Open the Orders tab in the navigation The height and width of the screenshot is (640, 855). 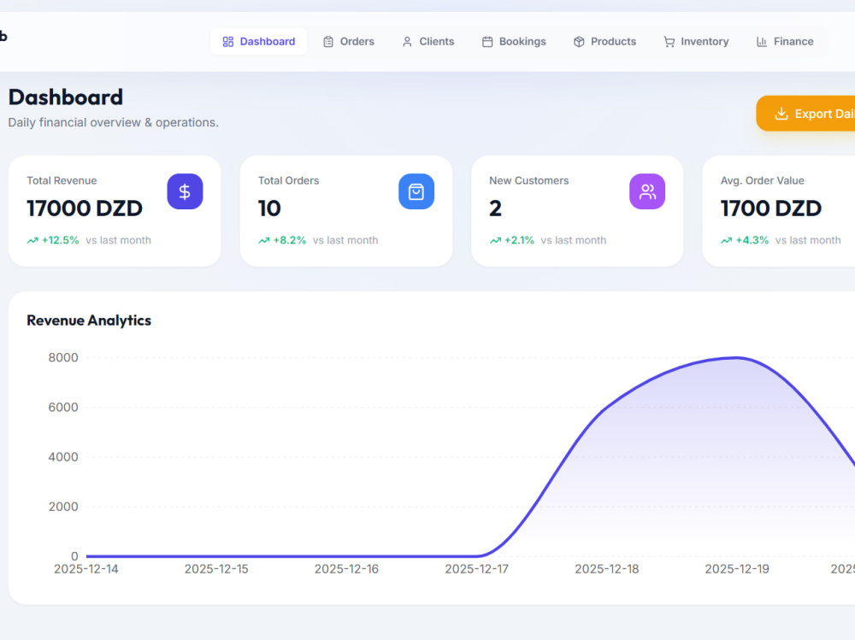(x=349, y=41)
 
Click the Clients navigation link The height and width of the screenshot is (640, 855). (x=428, y=41)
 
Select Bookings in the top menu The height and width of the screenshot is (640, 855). (x=514, y=41)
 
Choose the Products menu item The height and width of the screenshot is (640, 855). (x=604, y=41)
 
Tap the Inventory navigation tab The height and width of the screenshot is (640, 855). (x=696, y=41)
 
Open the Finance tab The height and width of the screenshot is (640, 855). (x=785, y=41)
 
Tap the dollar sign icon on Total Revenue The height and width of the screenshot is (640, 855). (x=185, y=191)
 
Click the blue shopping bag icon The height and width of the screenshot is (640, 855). (x=416, y=191)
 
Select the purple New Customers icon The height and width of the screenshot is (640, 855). (x=647, y=191)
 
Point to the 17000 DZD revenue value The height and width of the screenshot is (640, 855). (x=85, y=208)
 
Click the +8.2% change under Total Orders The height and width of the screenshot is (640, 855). (x=290, y=240)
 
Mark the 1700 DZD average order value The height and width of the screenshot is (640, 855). (x=771, y=208)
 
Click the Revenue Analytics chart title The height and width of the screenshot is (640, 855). (x=89, y=320)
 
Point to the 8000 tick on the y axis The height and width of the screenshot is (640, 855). (x=63, y=358)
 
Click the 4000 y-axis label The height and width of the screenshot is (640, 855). (x=63, y=457)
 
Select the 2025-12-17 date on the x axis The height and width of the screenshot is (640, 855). (x=476, y=568)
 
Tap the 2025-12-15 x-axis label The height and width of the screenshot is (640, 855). (x=216, y=568)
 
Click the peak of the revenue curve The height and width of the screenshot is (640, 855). (x=736, y=358)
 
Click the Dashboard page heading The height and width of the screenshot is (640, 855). (x=66, y=97)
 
